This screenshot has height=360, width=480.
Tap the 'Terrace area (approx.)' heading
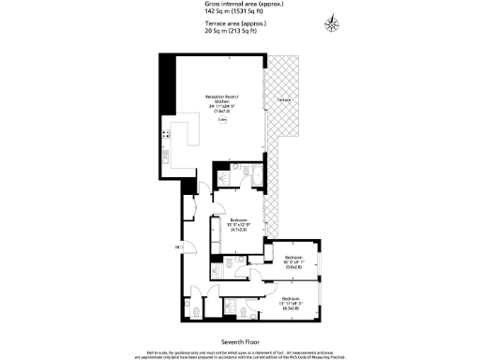coord(233,23)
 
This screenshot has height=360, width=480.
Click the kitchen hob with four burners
coord(166,137)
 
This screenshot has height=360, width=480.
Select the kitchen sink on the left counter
coord(166,156)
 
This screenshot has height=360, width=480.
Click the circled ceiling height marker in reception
coord(222,120)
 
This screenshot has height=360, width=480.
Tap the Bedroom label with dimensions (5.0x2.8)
coord(294,261)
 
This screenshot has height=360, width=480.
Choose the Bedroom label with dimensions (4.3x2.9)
coord(291,302)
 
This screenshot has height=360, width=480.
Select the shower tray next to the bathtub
coord(227,178)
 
